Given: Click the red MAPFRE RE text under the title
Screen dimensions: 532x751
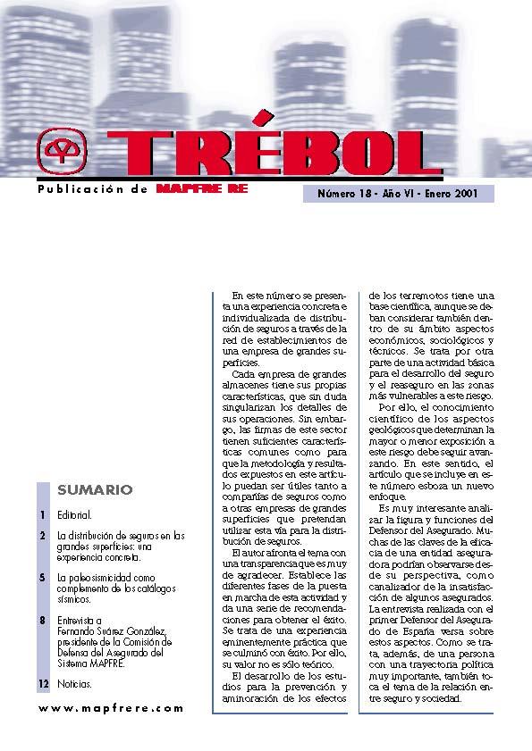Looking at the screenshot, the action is [202, 189].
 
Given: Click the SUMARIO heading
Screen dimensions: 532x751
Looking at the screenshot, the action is [95, 489].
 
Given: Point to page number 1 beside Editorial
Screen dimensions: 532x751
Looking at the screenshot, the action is [42, 516].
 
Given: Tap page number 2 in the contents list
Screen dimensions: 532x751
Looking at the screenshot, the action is [42, 536].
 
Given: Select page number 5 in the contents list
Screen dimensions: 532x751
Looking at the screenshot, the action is [42, 578].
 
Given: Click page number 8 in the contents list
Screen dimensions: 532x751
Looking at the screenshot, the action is [42, 619].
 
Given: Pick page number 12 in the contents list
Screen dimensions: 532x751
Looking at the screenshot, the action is [43, 683].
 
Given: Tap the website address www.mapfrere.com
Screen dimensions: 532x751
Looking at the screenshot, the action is [111, 707].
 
